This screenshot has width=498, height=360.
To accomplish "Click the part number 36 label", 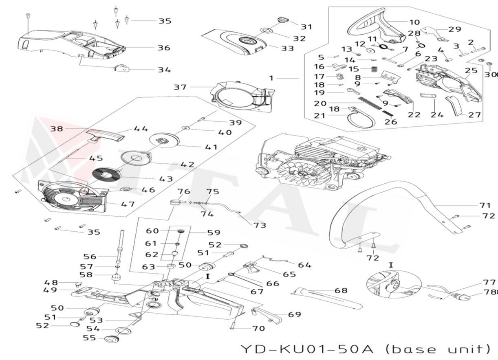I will [164, 48].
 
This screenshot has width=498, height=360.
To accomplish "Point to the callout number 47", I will [128, 204].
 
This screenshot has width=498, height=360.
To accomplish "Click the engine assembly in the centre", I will [322, 161].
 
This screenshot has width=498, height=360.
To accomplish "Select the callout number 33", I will [287, 48].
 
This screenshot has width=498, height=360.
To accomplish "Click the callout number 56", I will [90, 257].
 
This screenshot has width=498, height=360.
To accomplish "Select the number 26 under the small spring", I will [390, 121].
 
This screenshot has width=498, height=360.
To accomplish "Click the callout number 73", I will [260, 225].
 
